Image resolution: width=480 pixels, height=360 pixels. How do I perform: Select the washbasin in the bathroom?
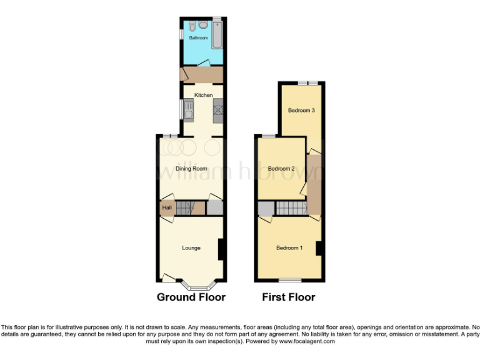(x=204, y=26)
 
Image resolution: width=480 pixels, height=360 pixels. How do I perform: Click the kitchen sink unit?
(x=189, y=110)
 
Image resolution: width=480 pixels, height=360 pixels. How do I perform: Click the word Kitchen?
(x=204, y=95)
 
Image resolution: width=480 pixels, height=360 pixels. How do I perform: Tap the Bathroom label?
(x=199, y=38)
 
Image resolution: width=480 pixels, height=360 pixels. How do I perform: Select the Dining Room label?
(x=191, y=169)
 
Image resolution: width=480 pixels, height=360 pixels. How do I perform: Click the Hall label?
(x=167, y=207)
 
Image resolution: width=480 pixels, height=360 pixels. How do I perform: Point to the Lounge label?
(x=191, y=248)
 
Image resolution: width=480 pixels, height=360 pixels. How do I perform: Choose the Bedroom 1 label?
(x=289, y=248)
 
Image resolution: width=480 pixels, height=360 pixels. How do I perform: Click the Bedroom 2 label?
(x=281, y=169)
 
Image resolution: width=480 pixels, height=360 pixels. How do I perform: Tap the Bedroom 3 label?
(x=301, y=111)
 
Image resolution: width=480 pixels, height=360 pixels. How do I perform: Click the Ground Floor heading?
(x=191, y=297)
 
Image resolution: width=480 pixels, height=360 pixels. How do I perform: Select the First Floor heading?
(x=289, y=297)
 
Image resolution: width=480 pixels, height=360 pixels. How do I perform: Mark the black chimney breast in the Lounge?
(x=221, y=250)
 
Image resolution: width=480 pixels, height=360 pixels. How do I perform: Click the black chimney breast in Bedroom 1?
(x=319, y=248)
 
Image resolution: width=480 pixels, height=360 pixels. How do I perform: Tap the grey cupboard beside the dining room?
(x=214, y=207)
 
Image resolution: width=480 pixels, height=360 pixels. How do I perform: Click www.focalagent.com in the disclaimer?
(x=306, y=341)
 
